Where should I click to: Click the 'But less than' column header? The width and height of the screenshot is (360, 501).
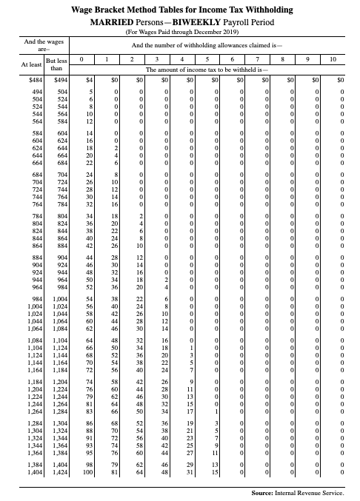click(56, 64)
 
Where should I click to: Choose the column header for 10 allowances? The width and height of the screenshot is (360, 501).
click(334, 58)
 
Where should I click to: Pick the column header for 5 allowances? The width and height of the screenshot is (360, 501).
click(208, 58)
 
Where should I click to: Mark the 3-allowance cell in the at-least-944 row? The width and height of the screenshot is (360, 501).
click(166, 281)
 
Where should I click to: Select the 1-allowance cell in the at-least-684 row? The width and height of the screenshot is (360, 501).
click(113, 175)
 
